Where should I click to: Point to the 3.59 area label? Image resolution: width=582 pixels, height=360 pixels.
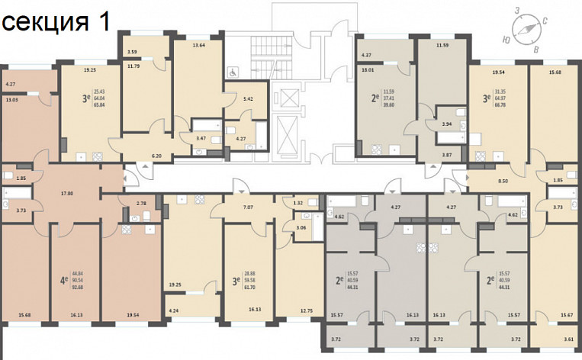[x=132, y=52]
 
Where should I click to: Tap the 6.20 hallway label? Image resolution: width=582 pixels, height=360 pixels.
[x=157, y=156]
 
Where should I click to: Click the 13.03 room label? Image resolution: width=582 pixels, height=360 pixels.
[x=12, y=100]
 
